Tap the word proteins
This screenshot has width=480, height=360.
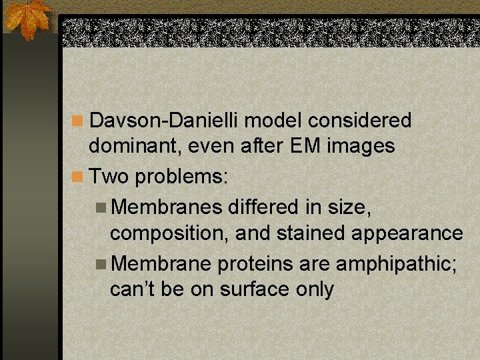(255, 265)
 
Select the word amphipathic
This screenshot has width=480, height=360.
(397, 265)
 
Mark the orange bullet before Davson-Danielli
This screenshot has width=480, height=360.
(79, 121)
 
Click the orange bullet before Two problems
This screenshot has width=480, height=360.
(79, 177)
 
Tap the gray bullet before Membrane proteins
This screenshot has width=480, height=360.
(101, 265)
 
